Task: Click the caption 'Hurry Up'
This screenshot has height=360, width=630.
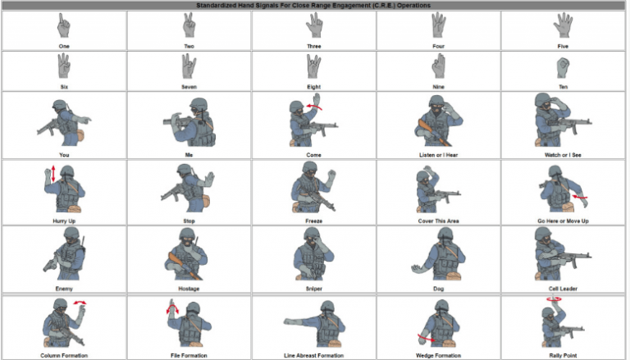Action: pos(64,221)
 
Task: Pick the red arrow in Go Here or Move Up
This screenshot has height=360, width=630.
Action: pos(581,197)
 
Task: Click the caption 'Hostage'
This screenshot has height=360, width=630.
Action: pos(189,289)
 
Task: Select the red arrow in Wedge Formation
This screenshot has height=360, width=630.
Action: pos(426,339)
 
